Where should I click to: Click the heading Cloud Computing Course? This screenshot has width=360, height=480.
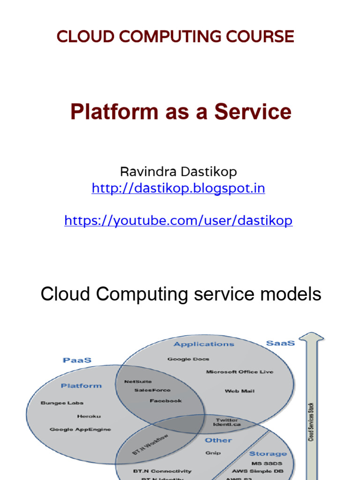[x=175, y=36]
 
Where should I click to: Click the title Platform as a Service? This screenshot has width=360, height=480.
[x=180, y=112]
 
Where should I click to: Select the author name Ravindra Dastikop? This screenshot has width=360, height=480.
[x=178, y=172]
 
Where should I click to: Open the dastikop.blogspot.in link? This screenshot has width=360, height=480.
[x=178, y=188]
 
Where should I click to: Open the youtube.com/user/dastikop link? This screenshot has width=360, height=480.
[x=178, y=221]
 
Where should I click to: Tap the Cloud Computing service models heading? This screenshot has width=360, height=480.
[x=181, y=294]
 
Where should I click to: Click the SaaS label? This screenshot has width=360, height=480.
[x=280, y=343]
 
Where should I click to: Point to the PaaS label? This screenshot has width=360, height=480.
[x=77, y=360]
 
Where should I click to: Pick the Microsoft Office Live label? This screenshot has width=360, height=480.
[x=240, y=372]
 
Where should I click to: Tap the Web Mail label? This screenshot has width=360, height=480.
[x=240, y=390]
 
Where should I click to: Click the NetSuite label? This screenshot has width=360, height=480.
[x=138, y=382]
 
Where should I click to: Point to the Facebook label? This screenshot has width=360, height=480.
[x=165, y=401]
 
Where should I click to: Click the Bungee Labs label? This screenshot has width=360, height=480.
[x=62, y=403]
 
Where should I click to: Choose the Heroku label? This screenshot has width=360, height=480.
[x=89, y=416]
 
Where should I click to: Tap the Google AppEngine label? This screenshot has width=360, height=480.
[x=80, y=429]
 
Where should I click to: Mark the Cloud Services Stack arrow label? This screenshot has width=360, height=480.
[x=311, y=422]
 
